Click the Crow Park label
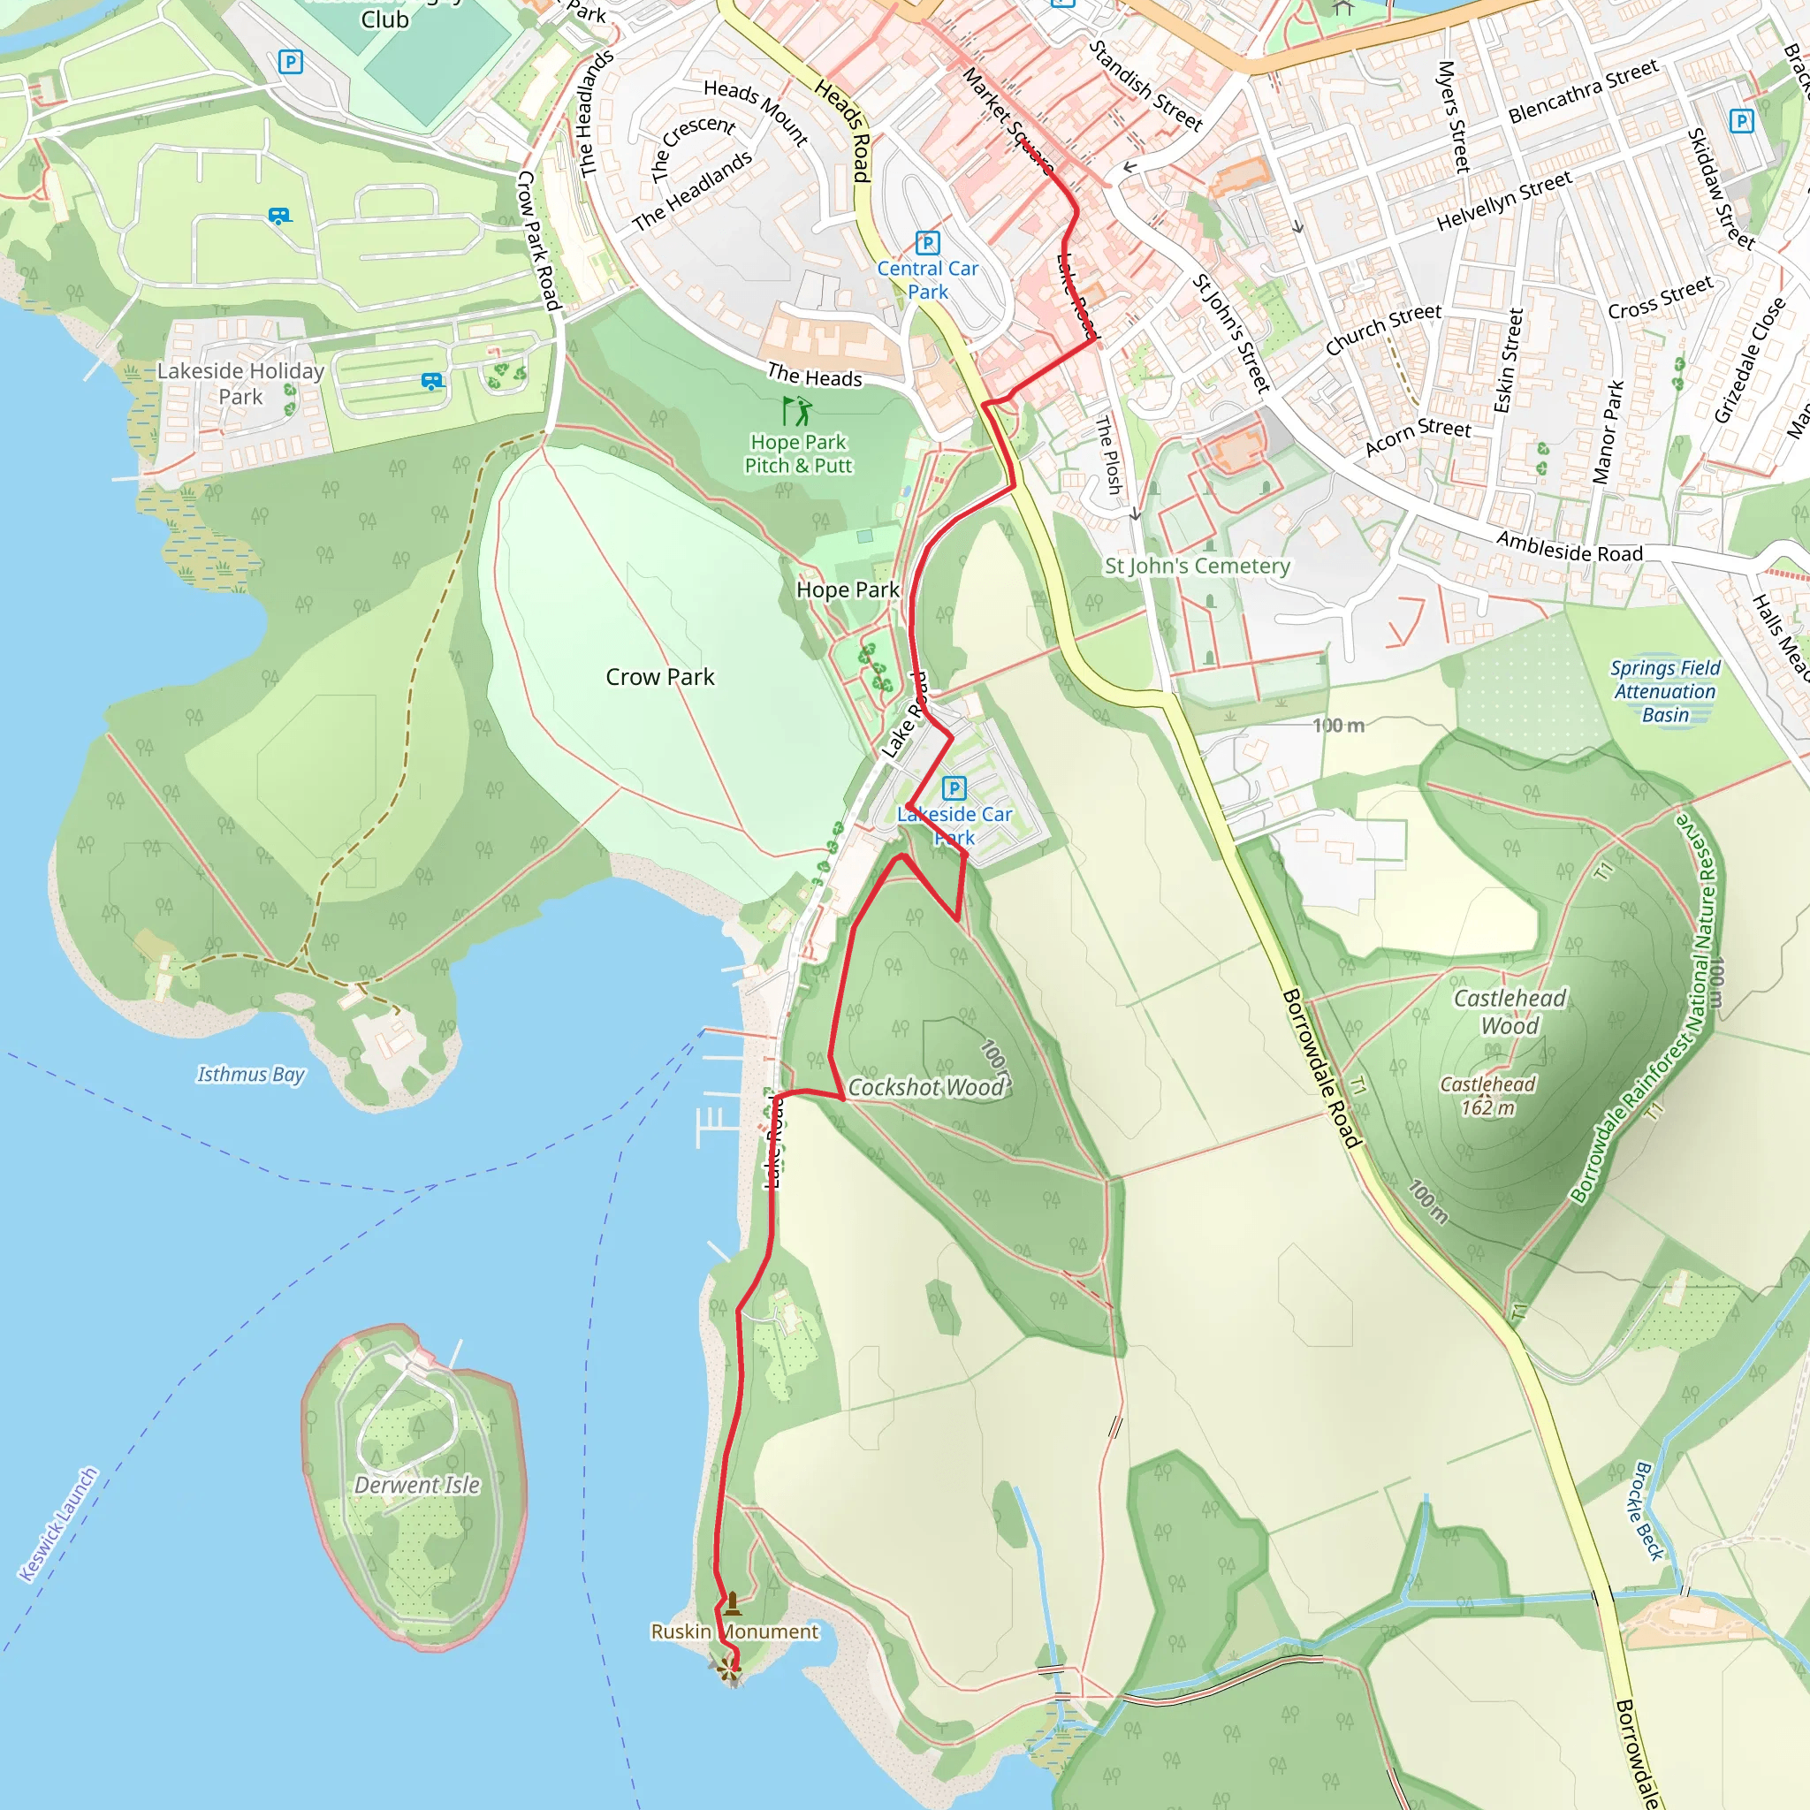click(659, 676)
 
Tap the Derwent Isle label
click(417, 1485)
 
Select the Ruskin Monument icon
click(733, 1604)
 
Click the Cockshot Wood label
click(926, 1087)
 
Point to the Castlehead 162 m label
click(1487, 1096)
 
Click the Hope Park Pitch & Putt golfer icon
click(797, 410)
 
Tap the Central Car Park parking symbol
click(926, 244)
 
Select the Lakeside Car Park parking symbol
click(954, 787)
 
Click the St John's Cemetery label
click(1197, 566)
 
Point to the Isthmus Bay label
click(250, 1075)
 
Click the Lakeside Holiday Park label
click(240, 384)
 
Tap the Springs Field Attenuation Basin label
click(1665, 691)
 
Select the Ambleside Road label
click(1570, 547)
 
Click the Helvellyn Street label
click(1503, 202)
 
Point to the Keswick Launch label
click(58, 1525)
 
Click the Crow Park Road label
click(539, 240)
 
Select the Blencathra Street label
click(1583, 91)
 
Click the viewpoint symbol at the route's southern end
click(730, 1669)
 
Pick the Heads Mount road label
click(756, 112)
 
